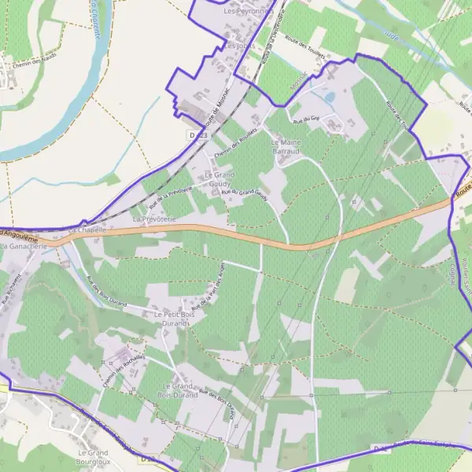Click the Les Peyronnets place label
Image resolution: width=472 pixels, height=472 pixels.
(247, 12)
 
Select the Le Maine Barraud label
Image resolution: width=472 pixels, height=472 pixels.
(287, 147)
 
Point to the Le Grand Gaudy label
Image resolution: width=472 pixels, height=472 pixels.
(219, 178)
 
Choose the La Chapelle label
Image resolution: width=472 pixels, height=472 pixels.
(88, 229)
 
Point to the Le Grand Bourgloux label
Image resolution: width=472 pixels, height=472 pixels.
(93, 458)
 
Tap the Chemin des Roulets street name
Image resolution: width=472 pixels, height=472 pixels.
(236, 141)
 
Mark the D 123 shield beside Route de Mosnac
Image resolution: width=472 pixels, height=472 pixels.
(197, 135)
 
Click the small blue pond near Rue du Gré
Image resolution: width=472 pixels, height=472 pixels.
(328, 98)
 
